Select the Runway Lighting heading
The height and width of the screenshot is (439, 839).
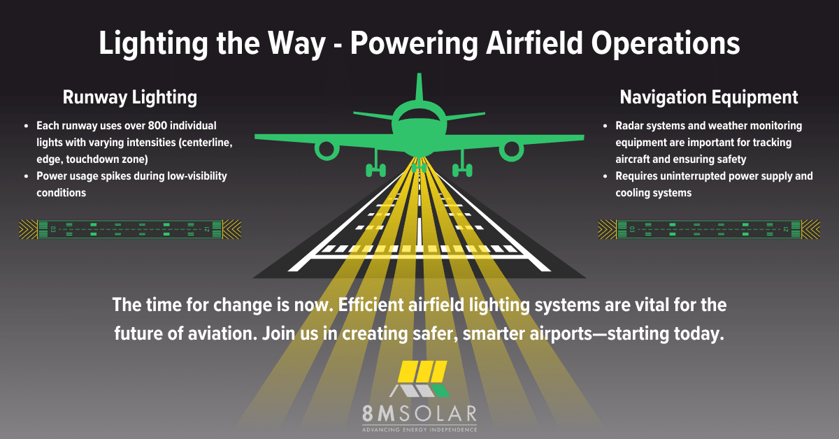click(130, 96)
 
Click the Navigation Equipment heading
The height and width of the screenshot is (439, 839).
click(709, 96)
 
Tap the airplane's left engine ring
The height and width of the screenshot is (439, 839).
click(326, 149)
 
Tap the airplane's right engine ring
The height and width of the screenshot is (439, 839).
click(512, 149)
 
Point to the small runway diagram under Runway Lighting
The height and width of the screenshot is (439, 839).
click(130, 229)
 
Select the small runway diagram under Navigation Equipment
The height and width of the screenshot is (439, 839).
click(709, 229)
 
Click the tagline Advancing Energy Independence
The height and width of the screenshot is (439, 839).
click(419, 429)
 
